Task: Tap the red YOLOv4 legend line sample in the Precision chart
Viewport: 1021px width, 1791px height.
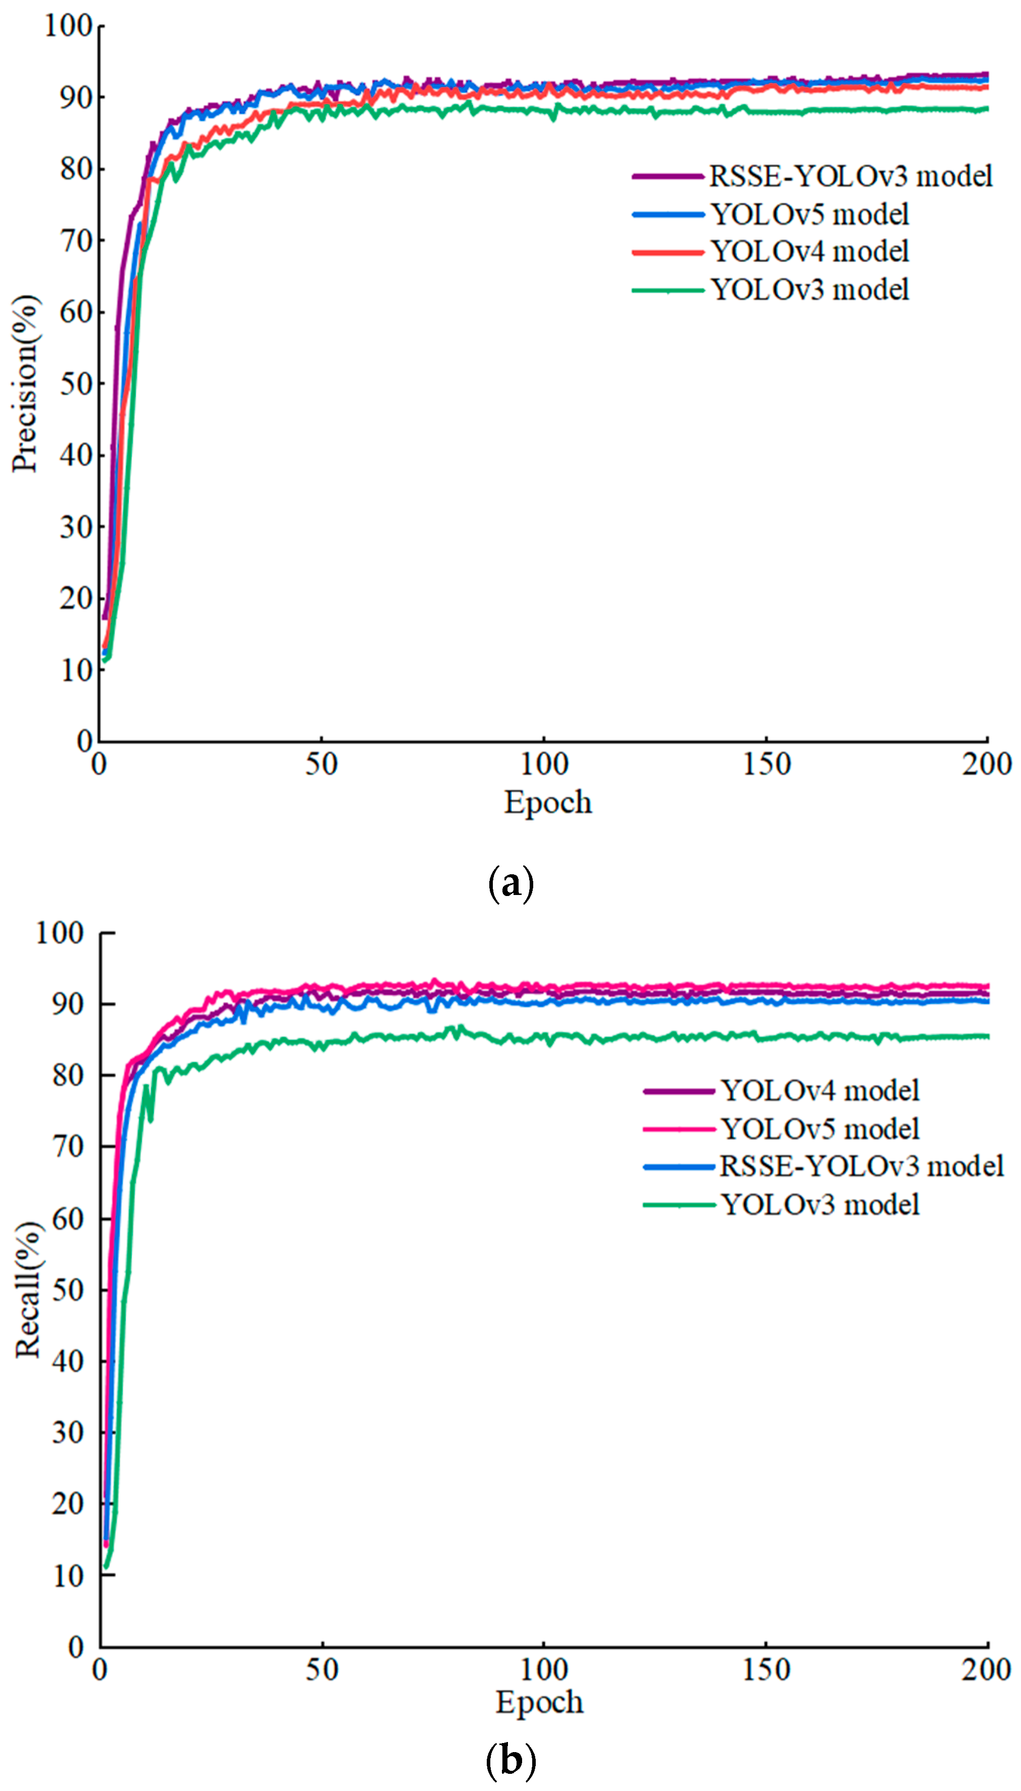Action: pyautogui.click(x=667, y=252)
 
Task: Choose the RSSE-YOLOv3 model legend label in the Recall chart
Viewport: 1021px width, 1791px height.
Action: pyautogui.click(x=861, y=1166)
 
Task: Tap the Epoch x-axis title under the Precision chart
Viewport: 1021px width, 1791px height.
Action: pyautogui.click(x=548, y=802)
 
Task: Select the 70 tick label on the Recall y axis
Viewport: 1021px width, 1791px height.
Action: pyautogui.click(x=68, y=1147)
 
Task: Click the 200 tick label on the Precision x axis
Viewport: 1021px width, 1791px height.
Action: pyautogui.click(x=986, y=764)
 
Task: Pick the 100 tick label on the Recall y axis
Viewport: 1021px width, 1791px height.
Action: pyautogui.click(x=60, y=933)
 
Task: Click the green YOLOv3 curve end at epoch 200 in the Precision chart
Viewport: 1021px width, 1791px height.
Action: pyautogui.click(x=986, y=109)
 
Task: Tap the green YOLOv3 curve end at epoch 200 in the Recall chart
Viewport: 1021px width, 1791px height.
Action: pyautogui.click(x=986, y=1036)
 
